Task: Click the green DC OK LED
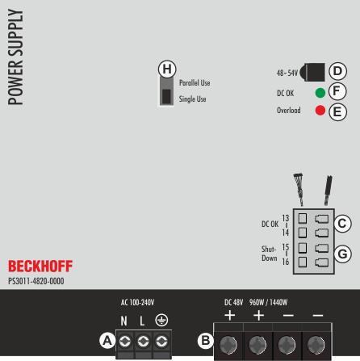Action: click(320, 93)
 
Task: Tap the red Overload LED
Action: click(320, 110)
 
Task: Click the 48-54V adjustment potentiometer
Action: click(312, 72)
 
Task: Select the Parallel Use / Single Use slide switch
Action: click(166, 91)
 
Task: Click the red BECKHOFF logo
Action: click(40, 267)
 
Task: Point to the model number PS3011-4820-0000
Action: click(36, 281)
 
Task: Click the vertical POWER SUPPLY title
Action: click(15, 57)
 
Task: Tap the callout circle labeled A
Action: click(107, 341)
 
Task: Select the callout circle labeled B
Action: click(206, 341)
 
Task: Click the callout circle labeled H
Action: click(167, 69)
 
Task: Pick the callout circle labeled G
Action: click(342, 254)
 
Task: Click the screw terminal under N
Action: click(125, 342)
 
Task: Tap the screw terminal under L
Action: click(144, 342)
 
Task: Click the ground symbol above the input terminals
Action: click(161, 320)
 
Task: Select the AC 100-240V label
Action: click(137, 302)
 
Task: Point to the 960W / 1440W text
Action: click(268, 302)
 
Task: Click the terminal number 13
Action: click(286, 218)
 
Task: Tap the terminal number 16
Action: click(286, 262)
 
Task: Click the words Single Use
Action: click(193, 99)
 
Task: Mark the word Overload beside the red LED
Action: click(289, 110)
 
